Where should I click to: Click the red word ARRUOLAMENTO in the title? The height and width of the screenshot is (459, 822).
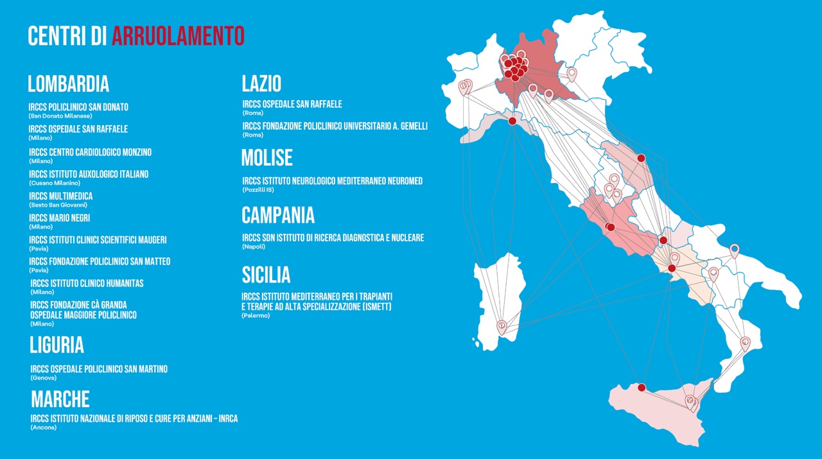coord(178,36)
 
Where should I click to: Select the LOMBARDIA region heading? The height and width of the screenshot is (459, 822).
coord(68,84)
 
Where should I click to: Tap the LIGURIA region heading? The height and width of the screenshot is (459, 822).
coord(57,345)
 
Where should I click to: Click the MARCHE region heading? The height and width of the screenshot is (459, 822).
coord(60,399)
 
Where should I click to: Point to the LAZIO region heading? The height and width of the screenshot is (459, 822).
coord(261,83)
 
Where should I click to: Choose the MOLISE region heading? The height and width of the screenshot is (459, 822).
coord(267,158)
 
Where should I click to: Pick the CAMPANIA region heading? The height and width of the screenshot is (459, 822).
coord(278,214)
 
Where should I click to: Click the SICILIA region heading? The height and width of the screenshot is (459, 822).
coord(266,275)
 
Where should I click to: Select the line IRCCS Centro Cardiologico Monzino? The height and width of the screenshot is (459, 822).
coord(90,153)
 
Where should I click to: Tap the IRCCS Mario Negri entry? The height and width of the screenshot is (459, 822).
coord(59,218)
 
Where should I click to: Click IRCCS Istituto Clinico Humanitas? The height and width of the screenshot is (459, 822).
coord(87,284)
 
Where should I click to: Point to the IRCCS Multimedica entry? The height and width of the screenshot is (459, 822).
coord(61,196)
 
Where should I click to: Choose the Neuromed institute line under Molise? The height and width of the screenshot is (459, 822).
coord(332,182)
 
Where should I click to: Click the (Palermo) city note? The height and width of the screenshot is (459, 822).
coord(256,315)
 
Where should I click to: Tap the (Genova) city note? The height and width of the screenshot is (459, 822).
coord(43,377)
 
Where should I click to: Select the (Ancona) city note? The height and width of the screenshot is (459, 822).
coord(43,427)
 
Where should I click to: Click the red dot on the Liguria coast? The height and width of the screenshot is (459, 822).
coord(512,121)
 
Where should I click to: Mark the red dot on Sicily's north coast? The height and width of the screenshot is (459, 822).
coord(641,387)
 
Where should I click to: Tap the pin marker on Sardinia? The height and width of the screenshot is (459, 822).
coord(502,327)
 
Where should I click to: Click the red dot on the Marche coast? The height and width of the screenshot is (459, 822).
coord(641,158)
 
